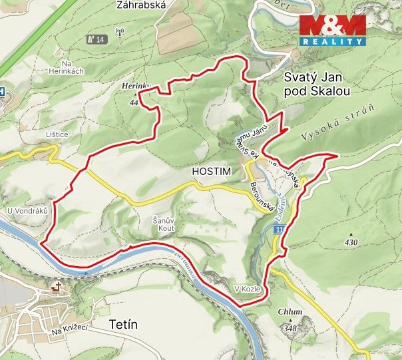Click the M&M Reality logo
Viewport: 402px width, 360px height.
click(332, 30)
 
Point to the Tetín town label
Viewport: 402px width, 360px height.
click(122, 325)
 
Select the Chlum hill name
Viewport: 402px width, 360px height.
click(291, 311)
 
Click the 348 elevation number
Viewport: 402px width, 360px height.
click(290, 328)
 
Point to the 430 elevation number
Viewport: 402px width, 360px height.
click(351, 242)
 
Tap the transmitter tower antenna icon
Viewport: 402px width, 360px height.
click(120, 31)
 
